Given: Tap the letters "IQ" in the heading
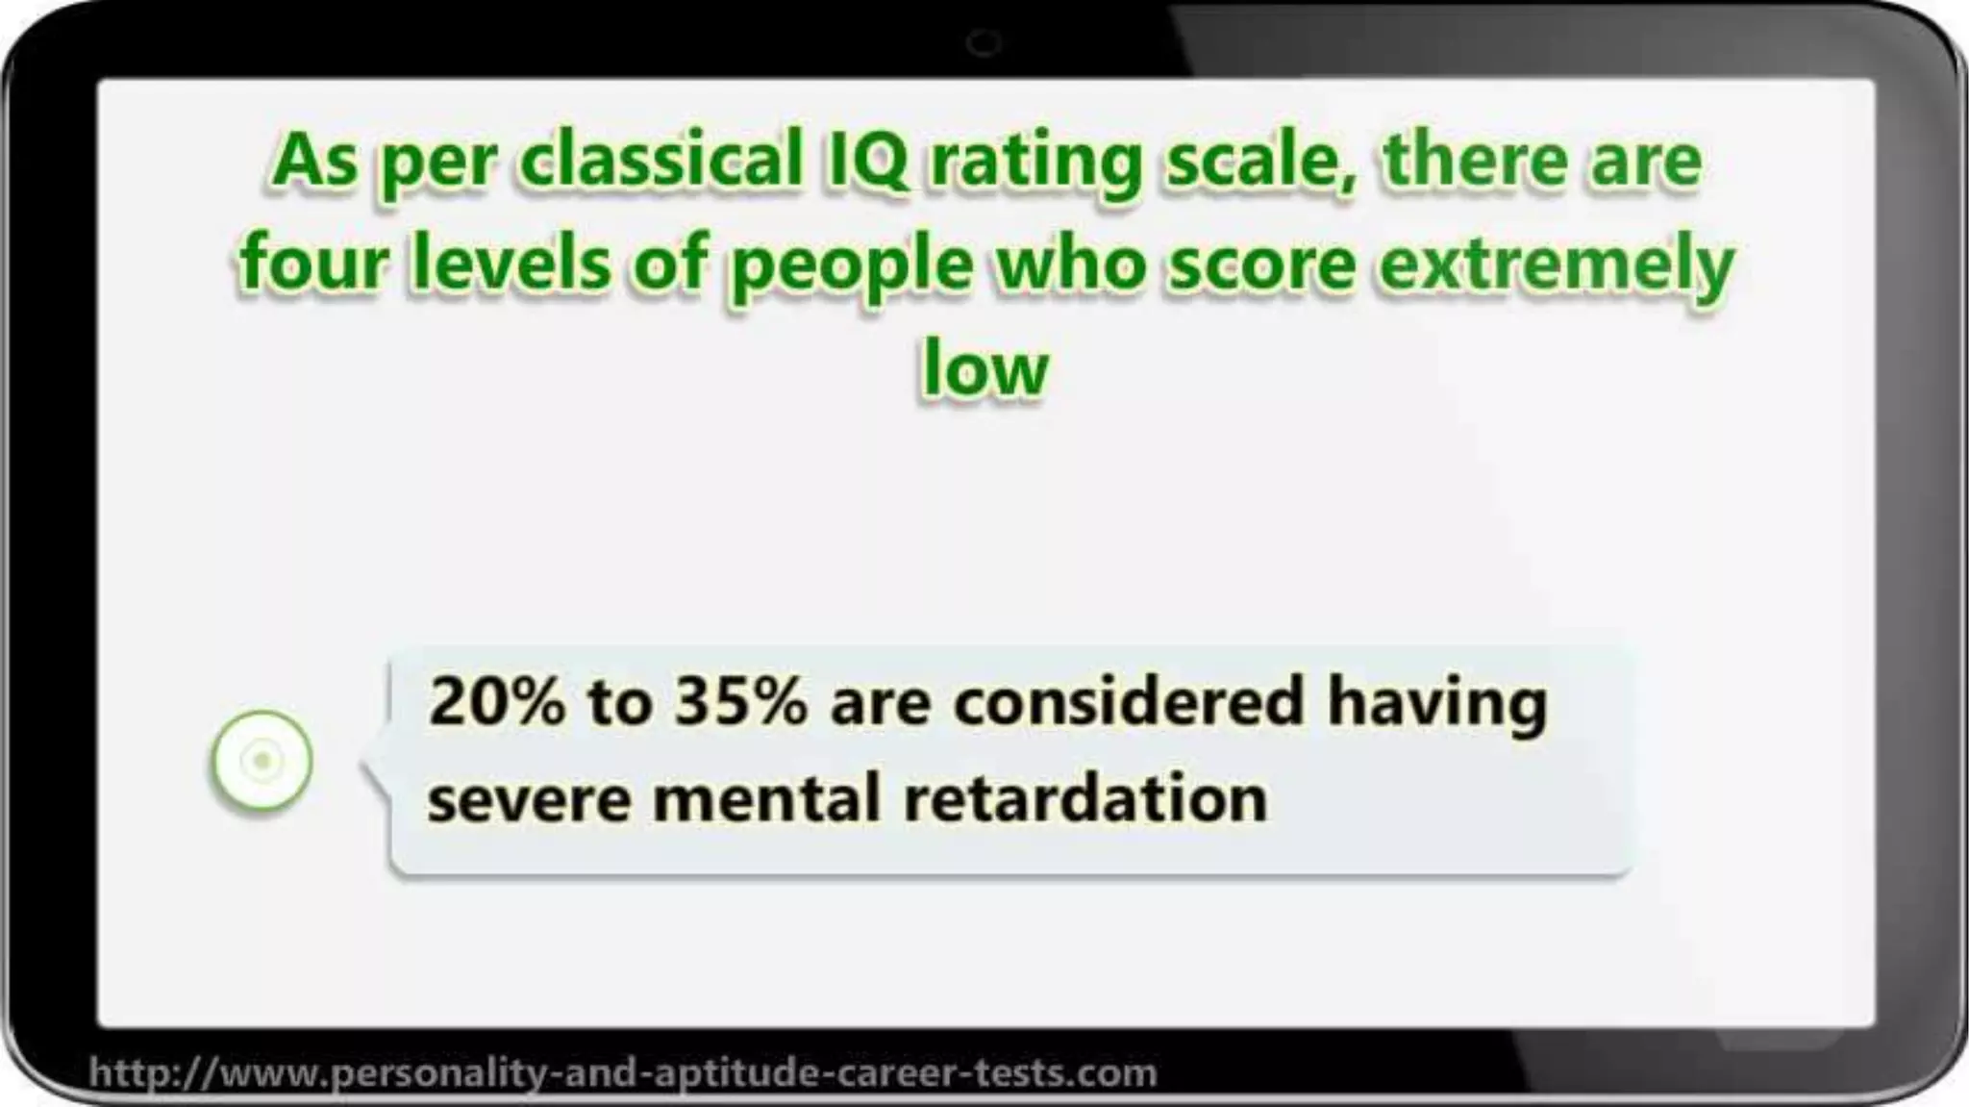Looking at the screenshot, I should (x=864, y=160).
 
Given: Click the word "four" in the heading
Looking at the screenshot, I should (x=312, y=262).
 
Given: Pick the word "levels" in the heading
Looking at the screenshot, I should (x=510, y=262).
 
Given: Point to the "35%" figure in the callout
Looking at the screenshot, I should (x=740, y=701).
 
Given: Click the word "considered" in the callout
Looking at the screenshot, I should (x=1128, y=701).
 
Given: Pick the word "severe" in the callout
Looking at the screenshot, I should (x=528, y=799).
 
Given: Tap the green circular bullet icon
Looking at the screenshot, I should (x=262, y=760).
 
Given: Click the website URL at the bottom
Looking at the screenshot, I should (x=623, y=1071).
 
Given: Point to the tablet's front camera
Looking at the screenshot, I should (x=984, y=42).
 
